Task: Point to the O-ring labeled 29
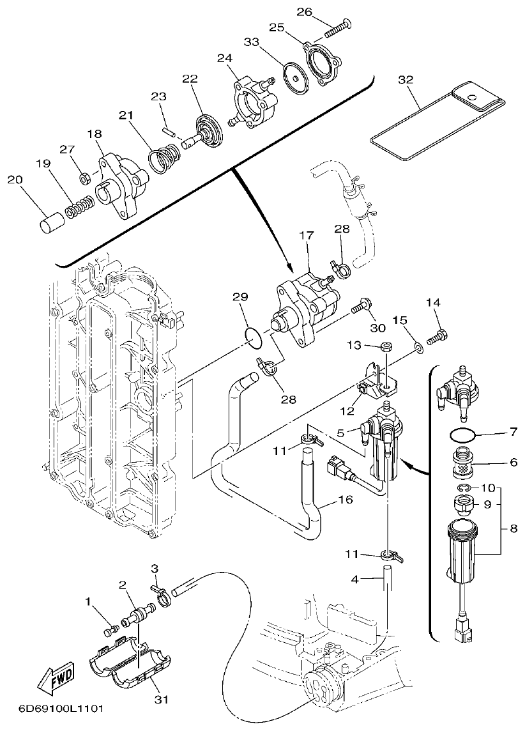click(x=254, y=339)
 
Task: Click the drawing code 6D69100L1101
click(x=53, y=709)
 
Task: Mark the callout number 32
click(x=406, y=80)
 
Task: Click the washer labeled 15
click(x=416, y=348)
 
